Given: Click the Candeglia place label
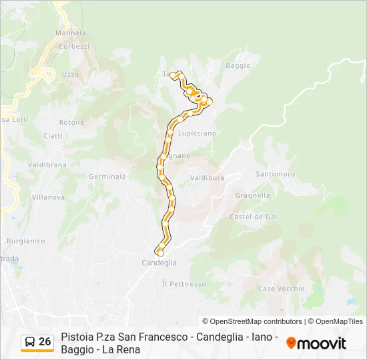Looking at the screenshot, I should tap(159, 263).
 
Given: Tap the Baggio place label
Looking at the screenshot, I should tap(238, 65).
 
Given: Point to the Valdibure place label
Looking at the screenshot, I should tap(207, 178).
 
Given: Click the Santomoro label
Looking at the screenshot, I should tap(275, 174).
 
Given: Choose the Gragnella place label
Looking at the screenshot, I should tap(253, 196).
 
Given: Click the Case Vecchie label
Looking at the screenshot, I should tap(281, 289).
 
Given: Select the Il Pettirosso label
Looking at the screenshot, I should tap(183, 284).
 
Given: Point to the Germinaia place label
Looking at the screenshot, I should tap(107, 177).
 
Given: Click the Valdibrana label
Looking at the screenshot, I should tap(47, 165).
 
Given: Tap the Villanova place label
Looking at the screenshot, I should tap(48, 197).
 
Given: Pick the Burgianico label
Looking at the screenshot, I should tap(25, 241).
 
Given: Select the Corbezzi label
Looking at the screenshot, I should tap(74, 46).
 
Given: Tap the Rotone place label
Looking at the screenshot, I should tap(71, 123).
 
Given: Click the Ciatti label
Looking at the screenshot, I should tap(53, 136).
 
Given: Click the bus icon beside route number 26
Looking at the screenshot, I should tap(30, 342).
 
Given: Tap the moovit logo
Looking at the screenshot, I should tap(316, 343).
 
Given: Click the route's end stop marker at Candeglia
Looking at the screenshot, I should tap(160, 252).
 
